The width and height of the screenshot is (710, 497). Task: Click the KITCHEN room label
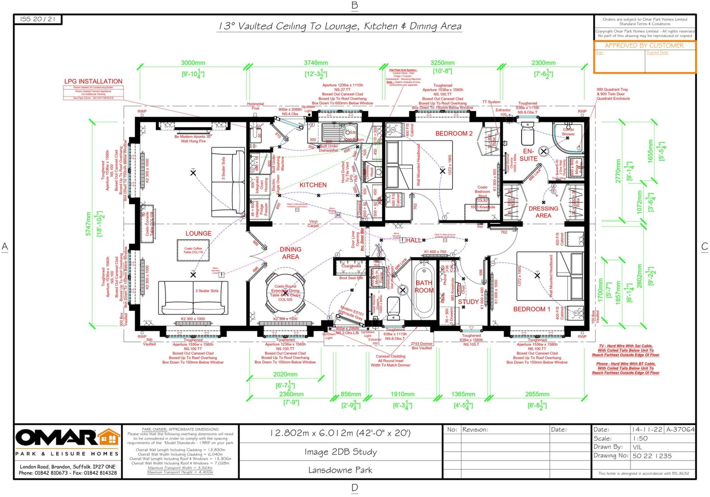[313, 185]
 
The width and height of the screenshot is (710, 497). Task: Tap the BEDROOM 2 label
[454, 133]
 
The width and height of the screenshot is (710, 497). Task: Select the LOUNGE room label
[198, 234]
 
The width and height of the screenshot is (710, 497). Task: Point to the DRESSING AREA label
[543, 212]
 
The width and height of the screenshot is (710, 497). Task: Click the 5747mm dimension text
[88, 224]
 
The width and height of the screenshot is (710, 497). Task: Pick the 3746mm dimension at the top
[316, 63]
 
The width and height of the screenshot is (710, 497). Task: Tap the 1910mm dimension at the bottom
[402, 394]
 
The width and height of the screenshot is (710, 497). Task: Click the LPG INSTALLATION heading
[93, 81]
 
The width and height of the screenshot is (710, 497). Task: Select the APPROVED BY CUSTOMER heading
[644, 45]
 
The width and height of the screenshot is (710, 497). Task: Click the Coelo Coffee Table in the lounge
[193, 250]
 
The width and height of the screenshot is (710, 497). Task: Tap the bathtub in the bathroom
[424, 289]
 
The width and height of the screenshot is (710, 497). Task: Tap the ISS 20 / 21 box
[38, 19]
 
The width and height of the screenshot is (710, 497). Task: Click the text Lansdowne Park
[340, 470]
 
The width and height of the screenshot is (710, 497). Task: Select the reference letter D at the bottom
[354, 488]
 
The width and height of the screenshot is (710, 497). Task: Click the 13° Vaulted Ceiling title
[339, 26]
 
